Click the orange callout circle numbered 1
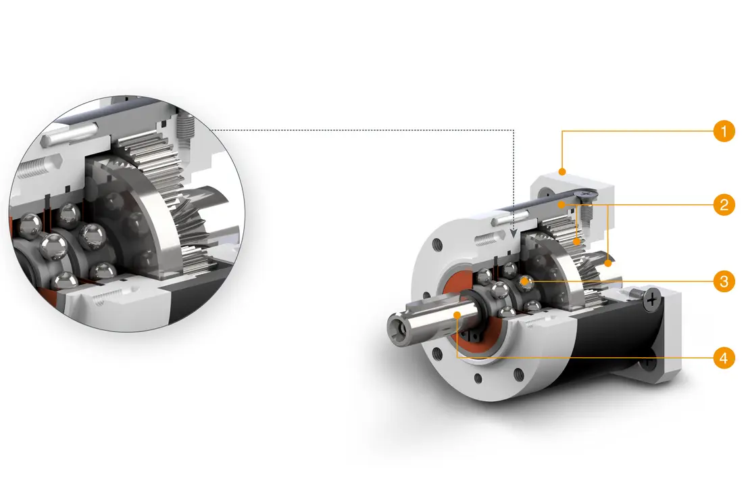pyautogui.click(x=723, y=131)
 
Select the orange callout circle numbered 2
pyautogui.click(x=723, y=205)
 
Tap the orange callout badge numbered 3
pyautogui.click(x=723, y=281)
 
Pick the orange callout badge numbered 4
pyautogui.click(x=723, y=357)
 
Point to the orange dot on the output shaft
pyautogui.click(x=457, y=315)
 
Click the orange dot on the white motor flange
pyautogui.click(x=562, y=168)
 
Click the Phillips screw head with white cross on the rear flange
pyautogui.click(x=653, y=297)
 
